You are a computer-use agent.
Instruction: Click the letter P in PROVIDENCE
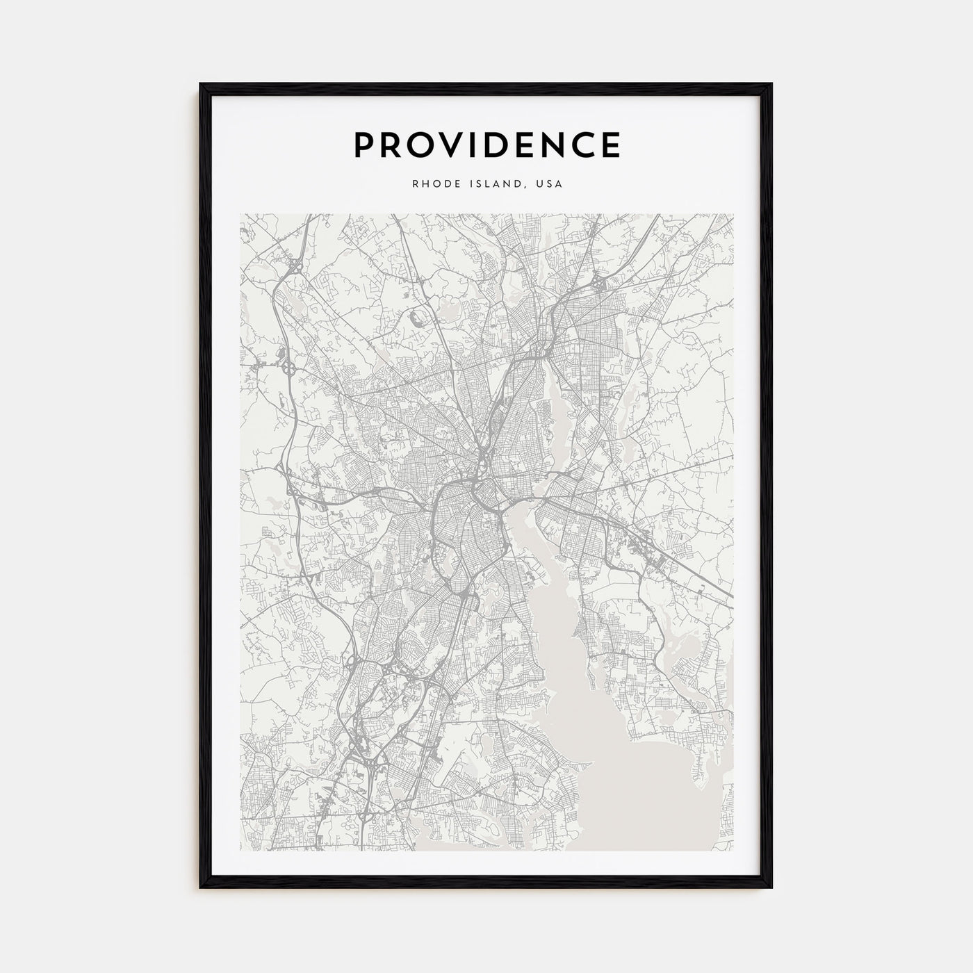[366, 145]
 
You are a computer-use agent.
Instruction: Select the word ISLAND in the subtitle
[493, 185]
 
